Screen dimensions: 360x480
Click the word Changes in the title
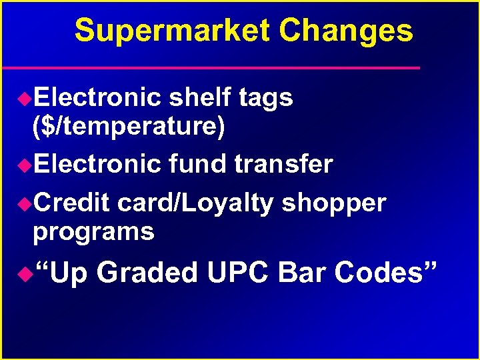click(x=346, y=31)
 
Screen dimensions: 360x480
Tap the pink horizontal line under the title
click(x=211, y=68)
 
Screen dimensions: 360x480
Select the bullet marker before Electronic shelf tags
click(x=24, y=99)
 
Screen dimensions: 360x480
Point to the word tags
click(x=265, y=98)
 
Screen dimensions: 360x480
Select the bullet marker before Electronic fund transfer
click(x=24, y=164)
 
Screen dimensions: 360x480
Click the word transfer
click(x=283, y=163)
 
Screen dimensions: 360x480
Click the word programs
click(x=93, y=232)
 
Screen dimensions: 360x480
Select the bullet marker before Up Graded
click(x=24, y=273)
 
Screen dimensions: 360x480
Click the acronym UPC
click(x=239, y=273)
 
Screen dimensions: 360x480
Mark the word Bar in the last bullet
click(x=303, y=273)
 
